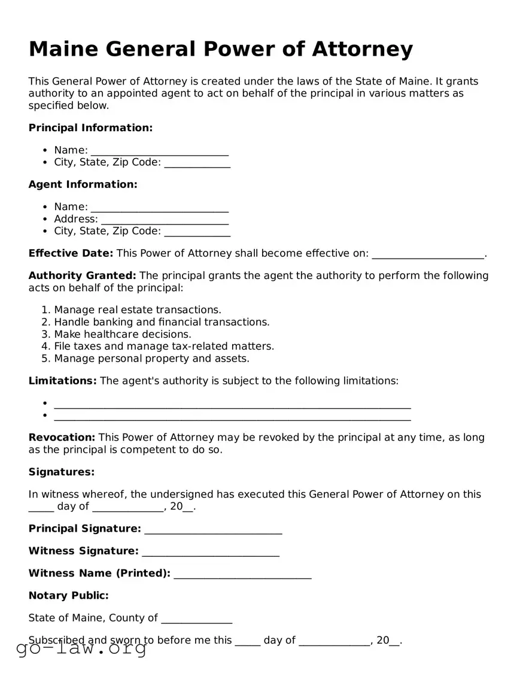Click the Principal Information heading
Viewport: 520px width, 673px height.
[90, 128]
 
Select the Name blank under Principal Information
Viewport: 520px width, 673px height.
[159, 150]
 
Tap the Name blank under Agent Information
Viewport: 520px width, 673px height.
[159, 207]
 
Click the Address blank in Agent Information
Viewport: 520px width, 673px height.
[165, 219]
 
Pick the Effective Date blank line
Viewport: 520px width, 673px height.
[428, 254]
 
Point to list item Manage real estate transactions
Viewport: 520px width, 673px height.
[138, 310]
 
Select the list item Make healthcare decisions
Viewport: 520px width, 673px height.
[123, 334]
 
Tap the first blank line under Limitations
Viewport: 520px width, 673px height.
[232, 404]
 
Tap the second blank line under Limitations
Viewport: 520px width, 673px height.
[232, 416]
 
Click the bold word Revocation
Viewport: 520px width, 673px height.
[62, 438]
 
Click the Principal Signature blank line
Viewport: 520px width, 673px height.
[213, 529]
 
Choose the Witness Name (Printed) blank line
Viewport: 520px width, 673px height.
[242, 574]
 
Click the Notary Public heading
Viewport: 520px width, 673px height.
[68, 595]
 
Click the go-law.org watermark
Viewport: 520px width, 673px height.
[81, 649]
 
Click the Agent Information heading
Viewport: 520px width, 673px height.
[83, 184]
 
